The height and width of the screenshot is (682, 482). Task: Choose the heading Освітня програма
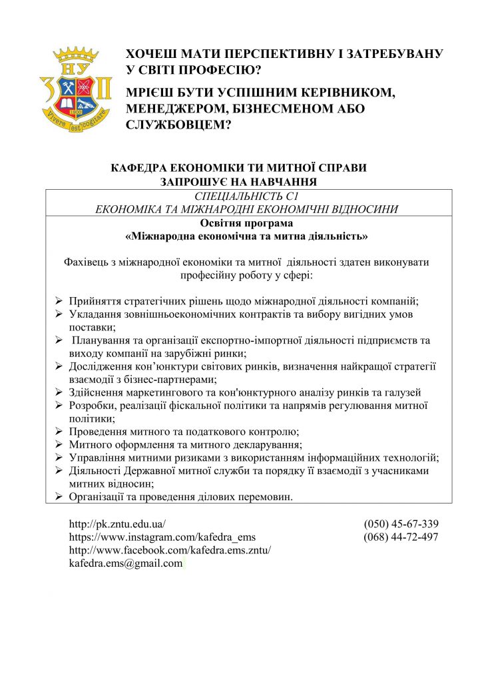pos(247,223)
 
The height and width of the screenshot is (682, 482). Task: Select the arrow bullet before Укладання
pos(59,314)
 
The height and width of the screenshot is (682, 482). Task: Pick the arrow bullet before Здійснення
pos(59,392)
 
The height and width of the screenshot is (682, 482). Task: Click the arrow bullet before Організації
pos(59,496)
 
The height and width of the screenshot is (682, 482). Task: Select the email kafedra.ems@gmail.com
pos(126,563)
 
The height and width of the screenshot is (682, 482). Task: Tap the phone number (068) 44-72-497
pos(401,537)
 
